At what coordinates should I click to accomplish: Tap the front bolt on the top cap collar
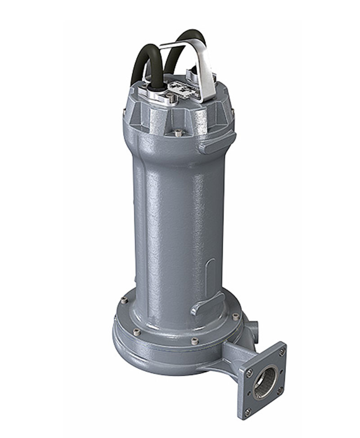pyautogui.click(x=178, y=132)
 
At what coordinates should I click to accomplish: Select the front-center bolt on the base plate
pyautogui.click(x=194, y=341)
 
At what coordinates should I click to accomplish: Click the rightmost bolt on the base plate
pyautogui.click(x=235, y=316)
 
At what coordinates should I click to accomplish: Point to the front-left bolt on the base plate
pyautogui.click(x=137, y=332)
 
